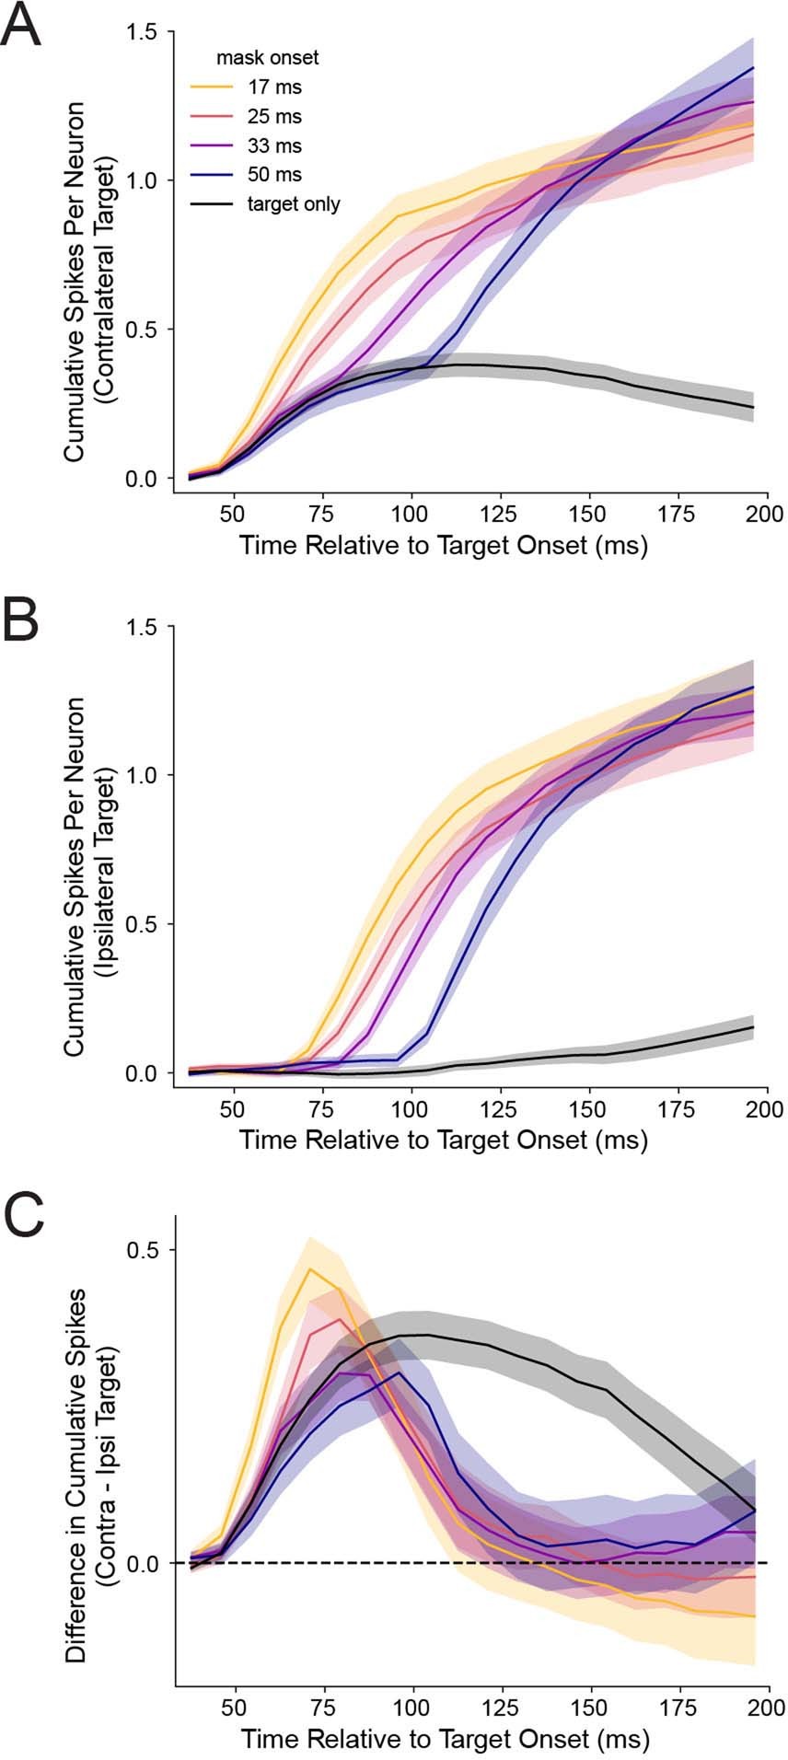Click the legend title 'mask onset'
coord(267,58)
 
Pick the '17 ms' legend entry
coord(273,88)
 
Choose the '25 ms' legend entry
coord(273,117)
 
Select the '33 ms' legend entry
coord(273,145)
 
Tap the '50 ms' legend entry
coord(273,174)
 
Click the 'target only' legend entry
coord(293,203)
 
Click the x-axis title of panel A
coord(444,545)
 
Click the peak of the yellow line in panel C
coord(310,1269)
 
